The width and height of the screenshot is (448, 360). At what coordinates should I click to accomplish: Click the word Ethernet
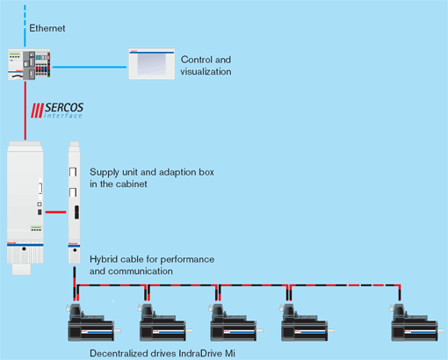coord(47,28)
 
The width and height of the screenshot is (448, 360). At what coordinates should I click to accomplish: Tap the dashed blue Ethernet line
coord(25,25)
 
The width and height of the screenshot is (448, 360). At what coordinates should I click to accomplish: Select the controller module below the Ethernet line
coord(29,65)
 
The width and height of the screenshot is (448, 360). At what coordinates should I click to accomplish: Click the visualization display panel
coord(152,64)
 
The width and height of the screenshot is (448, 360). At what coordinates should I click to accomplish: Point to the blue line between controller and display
coord(90,67)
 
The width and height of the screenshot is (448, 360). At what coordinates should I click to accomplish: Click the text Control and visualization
coord(206,66)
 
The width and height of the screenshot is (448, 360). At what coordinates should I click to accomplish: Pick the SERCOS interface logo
coord(57,111)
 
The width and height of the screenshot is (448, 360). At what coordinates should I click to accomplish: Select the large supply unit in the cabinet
coord(25,208)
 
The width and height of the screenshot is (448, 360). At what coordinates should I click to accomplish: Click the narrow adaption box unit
coord(75,203)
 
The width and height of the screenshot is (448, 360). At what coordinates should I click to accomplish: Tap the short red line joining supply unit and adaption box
coord(55,212)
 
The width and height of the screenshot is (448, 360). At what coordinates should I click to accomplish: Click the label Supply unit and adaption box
coord(152,178)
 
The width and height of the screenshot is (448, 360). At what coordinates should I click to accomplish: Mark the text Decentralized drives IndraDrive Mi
coord(163,353)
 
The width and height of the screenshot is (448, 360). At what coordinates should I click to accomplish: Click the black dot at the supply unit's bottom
coord(24,248)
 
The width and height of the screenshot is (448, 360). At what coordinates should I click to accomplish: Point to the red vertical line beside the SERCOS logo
coord(25,111)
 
